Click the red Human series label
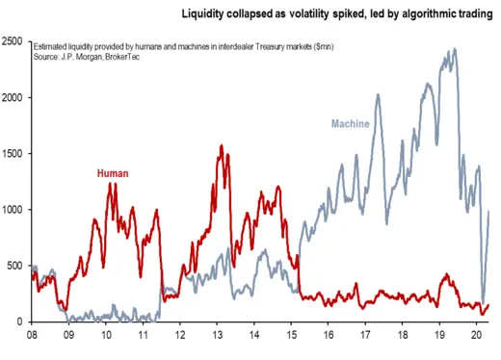(x=113, y=174)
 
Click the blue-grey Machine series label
(x=351, y=124)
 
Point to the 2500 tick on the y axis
(x=13, y=42)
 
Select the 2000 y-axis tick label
(x=13, y=98)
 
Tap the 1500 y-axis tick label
(x=13, y=154)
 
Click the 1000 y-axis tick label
(x=13, y=210)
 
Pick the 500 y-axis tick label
(x=16, y=266)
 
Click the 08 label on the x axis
(x=32, y=335)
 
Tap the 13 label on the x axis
(x=219, y=335)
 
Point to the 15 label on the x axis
(x=293, y=335)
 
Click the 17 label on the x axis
(x=367, y=335)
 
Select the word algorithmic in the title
(x=412, y=14)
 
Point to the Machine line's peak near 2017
(x=378, y=94)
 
